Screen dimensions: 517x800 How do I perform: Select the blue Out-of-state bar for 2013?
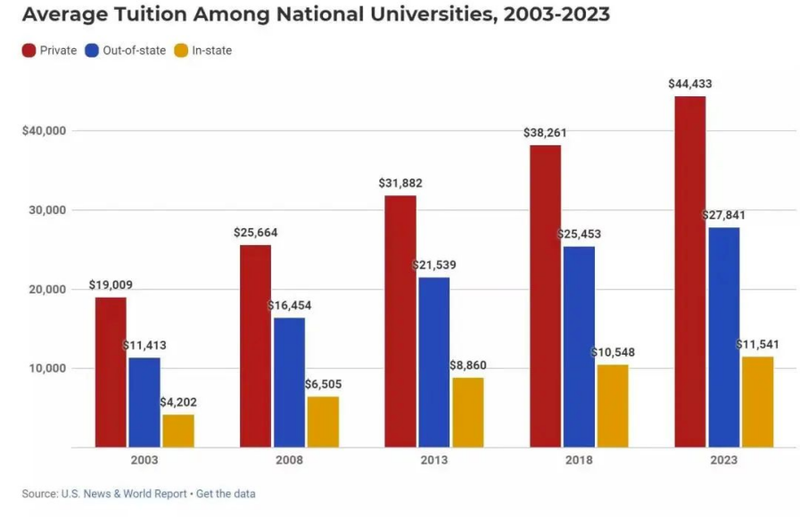click(434, 362)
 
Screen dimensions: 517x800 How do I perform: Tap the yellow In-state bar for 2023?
click(757, 402)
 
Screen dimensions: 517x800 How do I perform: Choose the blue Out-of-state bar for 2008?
click(289, 382)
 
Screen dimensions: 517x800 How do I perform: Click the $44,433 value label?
click(690, 84)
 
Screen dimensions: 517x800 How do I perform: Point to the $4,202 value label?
click(178, 403)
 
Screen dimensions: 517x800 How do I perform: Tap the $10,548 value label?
click(613, 352)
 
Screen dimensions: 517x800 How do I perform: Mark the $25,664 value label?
click(256, 233)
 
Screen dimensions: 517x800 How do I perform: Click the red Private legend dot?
click(29, 51)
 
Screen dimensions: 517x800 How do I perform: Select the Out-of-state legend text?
click(134, 51)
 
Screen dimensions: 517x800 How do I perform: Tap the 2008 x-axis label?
click(289, 461)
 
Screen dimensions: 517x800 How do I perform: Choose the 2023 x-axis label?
click(723, 461)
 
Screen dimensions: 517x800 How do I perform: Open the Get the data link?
click(226, 494)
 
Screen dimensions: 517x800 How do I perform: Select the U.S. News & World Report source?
click(124, 494)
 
